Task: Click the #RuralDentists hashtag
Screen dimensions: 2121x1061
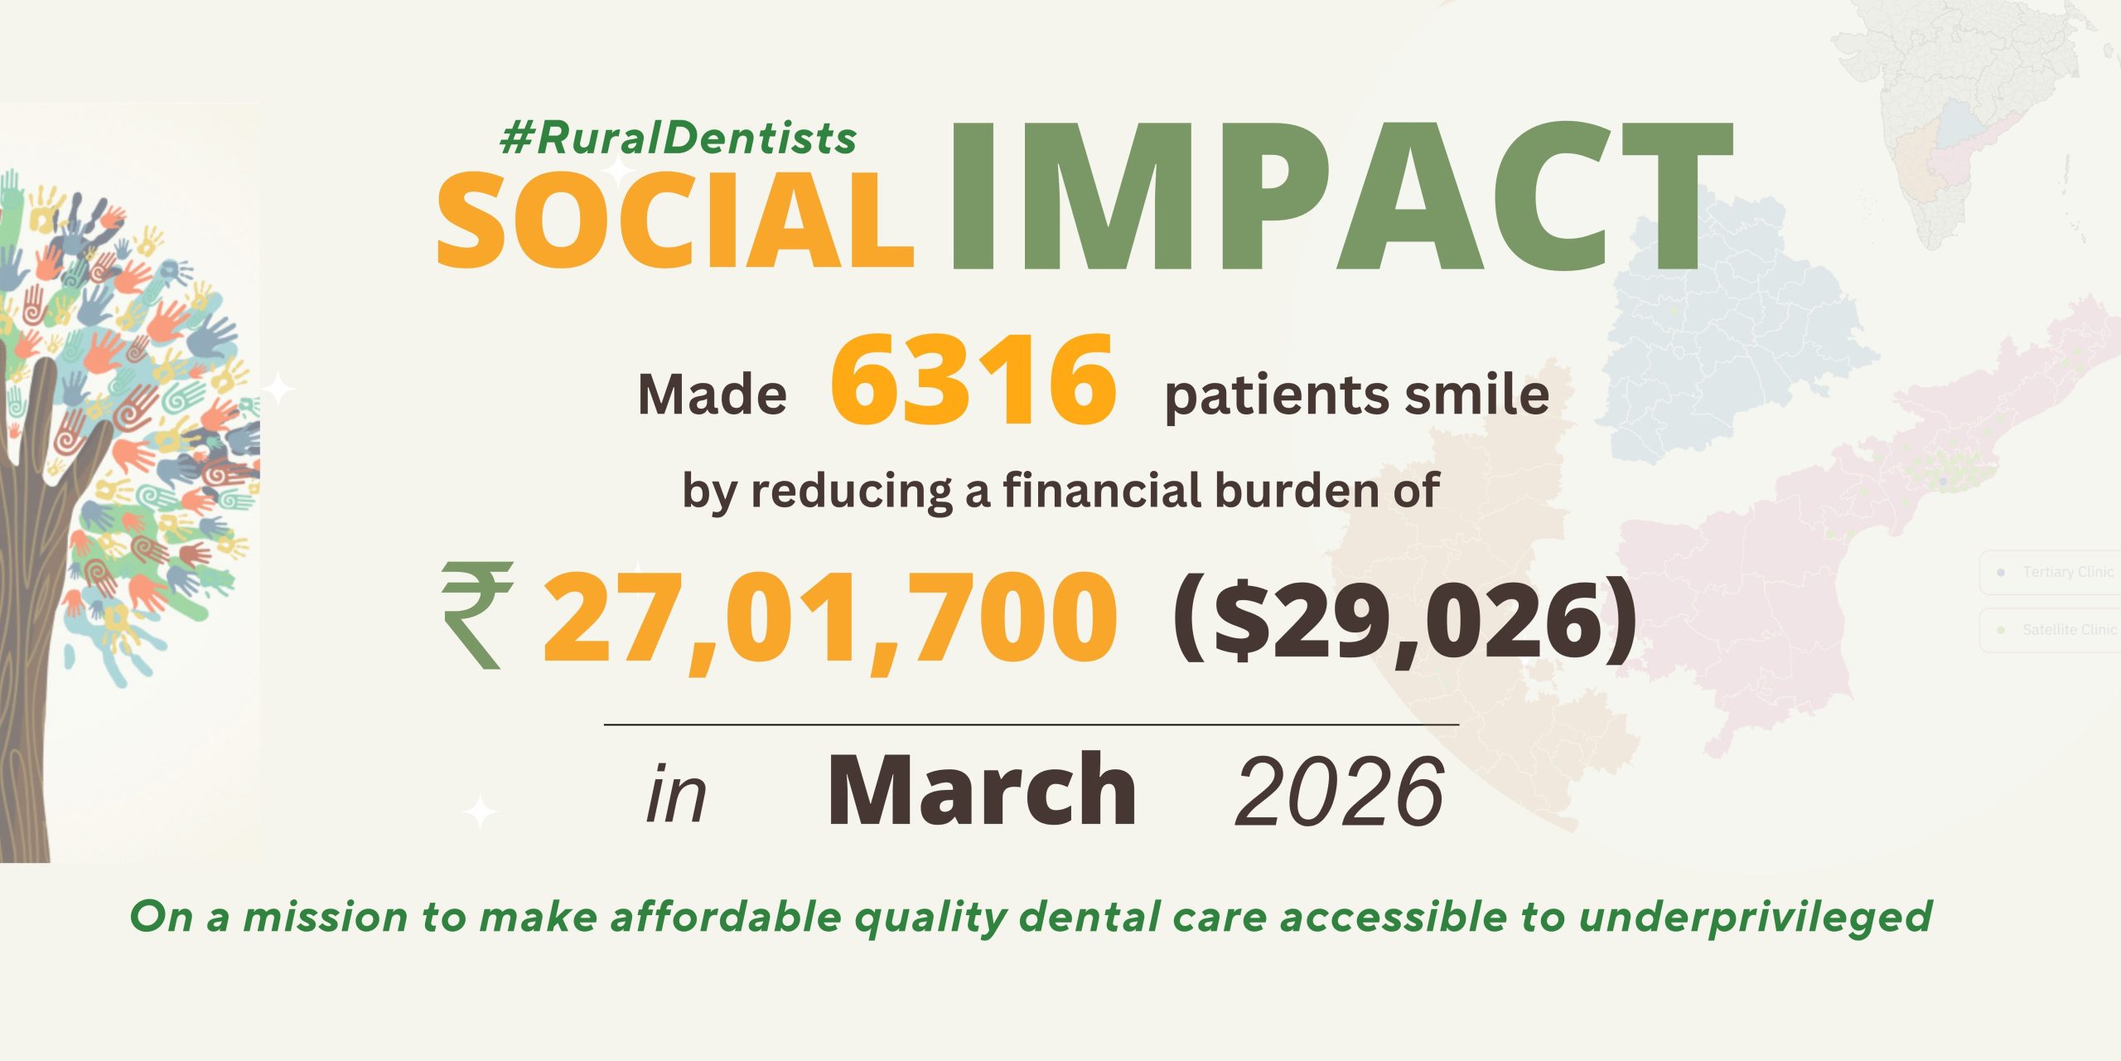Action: click(x=679, y=138)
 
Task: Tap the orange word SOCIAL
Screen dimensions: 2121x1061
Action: click(x=674, y=220)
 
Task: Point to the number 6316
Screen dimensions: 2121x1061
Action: click(x=974, y=380)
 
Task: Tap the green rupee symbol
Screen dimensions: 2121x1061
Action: click(x=477, y=615)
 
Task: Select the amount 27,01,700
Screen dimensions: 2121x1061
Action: click(x=829, y=620)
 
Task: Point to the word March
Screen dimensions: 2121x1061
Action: click(x=983, y=788)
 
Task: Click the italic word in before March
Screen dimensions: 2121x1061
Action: click(x=676, y=793)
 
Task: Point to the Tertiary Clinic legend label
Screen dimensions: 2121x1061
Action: click(x=2067, y=572)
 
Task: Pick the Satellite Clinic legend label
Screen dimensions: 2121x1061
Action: click(x=2069, y=630)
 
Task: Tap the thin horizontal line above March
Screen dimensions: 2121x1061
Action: click(x=1032, y=724)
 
